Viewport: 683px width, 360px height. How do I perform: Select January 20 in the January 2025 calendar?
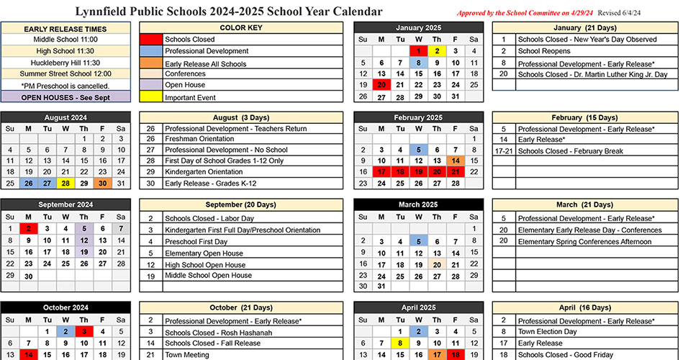381,85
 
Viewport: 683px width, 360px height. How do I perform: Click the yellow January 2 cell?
436,51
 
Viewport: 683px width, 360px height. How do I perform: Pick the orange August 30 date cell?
103,183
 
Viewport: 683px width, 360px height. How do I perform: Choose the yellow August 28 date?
65,183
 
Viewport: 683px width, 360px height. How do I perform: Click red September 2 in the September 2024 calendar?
28,229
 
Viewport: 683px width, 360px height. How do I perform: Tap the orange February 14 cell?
455,161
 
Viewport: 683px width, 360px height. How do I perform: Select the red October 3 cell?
84,332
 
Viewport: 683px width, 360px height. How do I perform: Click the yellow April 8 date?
400,344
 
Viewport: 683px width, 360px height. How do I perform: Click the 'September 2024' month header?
65,204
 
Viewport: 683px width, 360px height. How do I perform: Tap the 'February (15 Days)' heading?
584,117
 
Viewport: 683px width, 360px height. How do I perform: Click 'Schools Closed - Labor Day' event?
209,218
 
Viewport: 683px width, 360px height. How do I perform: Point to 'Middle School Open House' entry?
208,276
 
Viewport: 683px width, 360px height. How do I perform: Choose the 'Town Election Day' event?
547,332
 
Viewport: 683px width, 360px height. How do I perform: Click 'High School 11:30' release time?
65,50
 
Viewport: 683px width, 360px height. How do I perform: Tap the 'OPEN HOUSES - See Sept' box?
65,97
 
